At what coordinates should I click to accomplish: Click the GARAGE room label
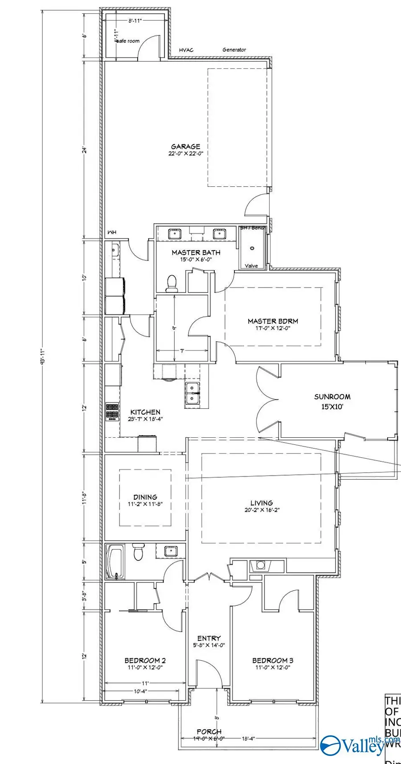coord(185,147)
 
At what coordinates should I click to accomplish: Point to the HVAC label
coord(186,50)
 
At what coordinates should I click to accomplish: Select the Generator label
coord(234,50)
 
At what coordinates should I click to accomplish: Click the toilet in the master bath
coord(171,283)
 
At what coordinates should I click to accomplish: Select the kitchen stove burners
coord(112,412)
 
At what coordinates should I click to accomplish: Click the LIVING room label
coord(262,503)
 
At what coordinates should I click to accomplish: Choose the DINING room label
coord(145,497)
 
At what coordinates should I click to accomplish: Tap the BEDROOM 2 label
coord(145,661)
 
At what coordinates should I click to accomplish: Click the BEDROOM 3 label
coord(273,661)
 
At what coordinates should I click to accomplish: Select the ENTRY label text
coord(209,638)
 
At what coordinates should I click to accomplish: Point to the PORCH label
coord(209,731)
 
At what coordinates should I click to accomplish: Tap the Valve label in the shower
coord(251,266)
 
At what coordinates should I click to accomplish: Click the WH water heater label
coord(111,233)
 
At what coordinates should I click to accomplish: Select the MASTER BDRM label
coord(273,321)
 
